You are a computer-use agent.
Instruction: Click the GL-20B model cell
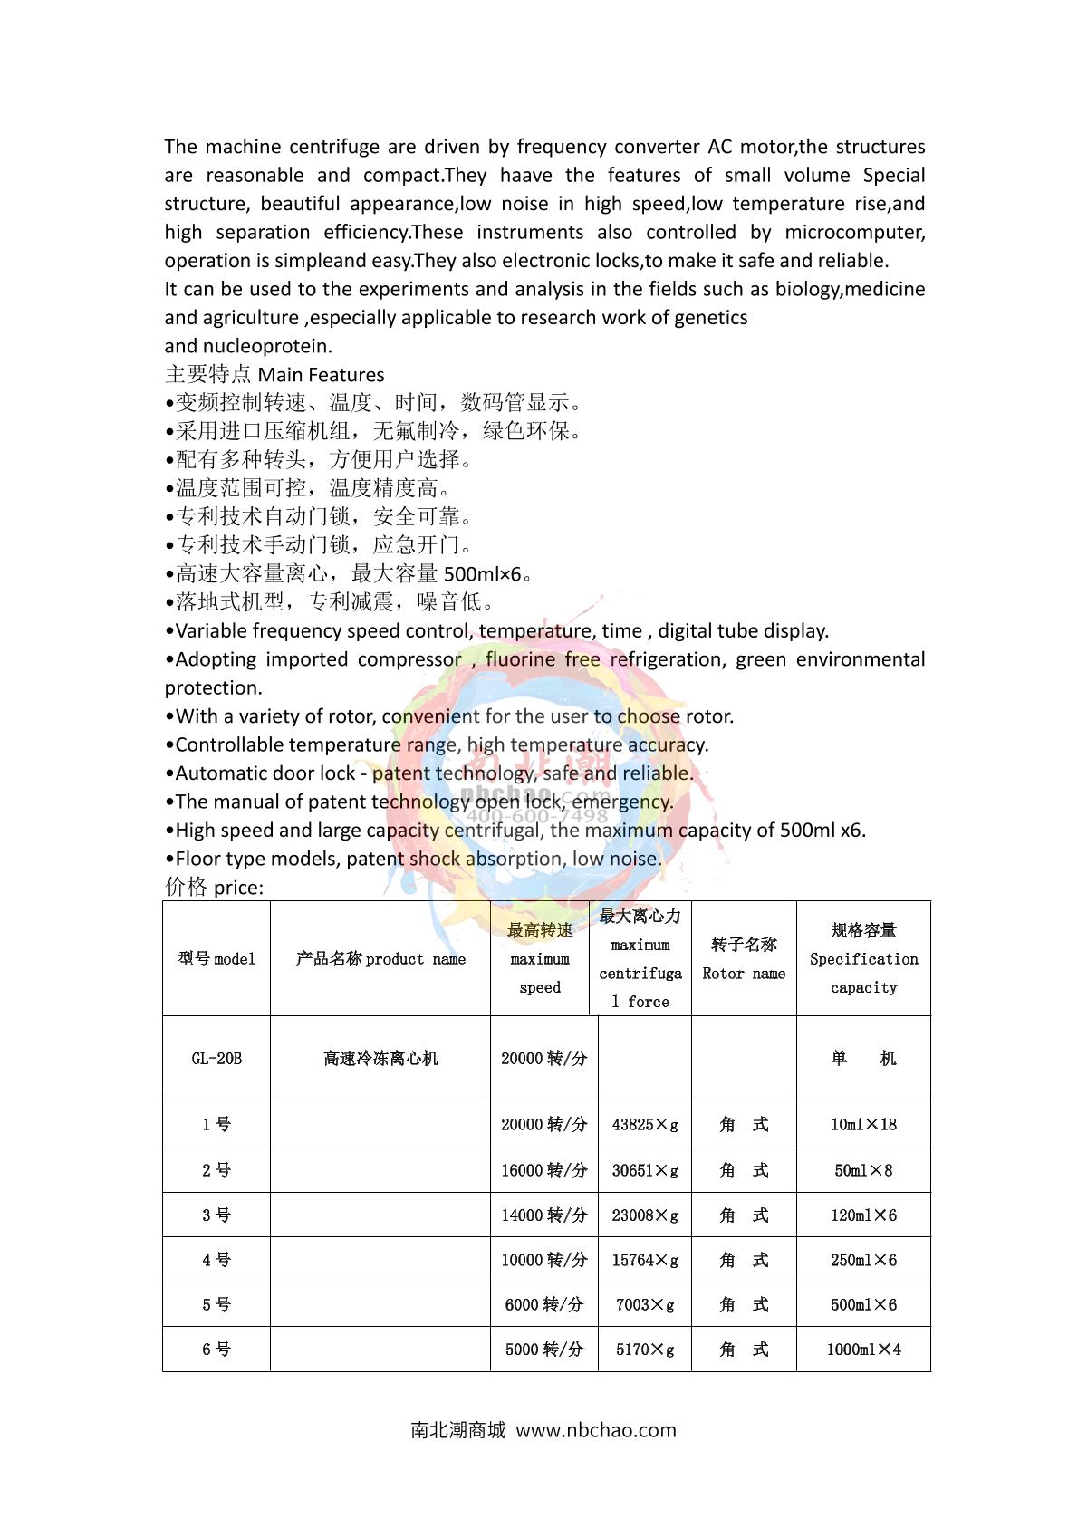[216, 1058]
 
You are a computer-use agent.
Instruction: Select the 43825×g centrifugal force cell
[645, 1124]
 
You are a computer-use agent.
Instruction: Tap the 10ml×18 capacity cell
[863, 1124]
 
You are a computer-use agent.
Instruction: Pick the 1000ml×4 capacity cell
[863, 1349]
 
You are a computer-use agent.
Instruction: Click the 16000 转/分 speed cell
[543, 1170]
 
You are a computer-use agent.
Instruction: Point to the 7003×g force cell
[645, 1304]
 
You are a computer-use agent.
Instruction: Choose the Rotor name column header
[744, 958]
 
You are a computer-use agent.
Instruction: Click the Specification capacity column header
[863, 958]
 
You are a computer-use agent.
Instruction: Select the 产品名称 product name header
[380, 958]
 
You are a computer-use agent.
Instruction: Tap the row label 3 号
[216, 1215]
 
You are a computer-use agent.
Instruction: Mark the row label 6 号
[216, 1349]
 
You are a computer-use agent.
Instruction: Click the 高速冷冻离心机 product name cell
[380, 1058]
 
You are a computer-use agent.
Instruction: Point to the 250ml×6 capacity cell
[863, 1260]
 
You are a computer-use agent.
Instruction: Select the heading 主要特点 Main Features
[274, 374]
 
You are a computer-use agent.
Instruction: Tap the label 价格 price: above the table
[214, 887]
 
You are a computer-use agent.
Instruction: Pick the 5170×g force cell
[645, 1349]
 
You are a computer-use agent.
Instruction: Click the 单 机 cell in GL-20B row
[863, 1058]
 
